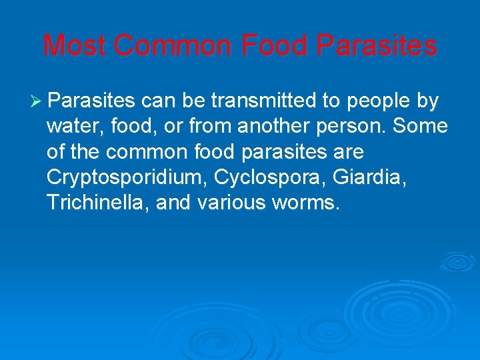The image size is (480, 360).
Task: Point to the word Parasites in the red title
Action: [377, 46]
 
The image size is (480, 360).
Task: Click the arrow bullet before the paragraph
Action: [37, 101]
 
